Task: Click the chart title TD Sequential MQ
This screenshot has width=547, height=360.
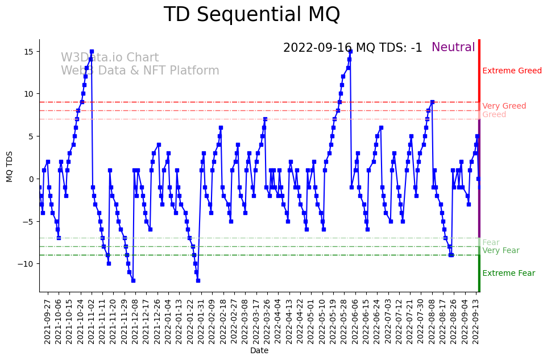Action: (x=251, y=15)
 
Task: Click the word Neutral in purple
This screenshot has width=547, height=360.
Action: (x=453, y=48)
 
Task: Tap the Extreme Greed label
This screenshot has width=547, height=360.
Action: (x=512, y=71)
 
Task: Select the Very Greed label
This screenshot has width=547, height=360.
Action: (x=504, y=106)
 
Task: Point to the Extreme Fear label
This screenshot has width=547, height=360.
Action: (x=508, y=274)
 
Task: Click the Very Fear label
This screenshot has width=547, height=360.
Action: (x=500, y=251)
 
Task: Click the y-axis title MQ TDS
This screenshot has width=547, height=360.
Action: (x=10, y=166)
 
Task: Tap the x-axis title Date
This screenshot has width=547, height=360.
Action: (x=259, y=351)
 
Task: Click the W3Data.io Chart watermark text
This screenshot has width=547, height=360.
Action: (x=110, y=58)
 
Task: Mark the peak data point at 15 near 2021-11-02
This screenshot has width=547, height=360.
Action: (x=92, y=52)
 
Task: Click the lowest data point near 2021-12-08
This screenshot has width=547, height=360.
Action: (x=133, y=280)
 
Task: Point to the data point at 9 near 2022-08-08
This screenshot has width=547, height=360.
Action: (x=432, y=102)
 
